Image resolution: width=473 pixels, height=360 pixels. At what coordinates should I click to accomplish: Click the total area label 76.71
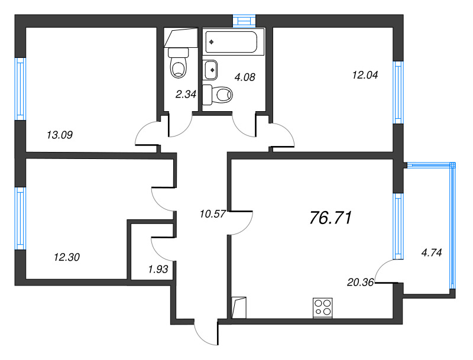(331, 218)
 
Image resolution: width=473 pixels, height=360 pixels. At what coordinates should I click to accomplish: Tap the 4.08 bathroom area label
(245, 76)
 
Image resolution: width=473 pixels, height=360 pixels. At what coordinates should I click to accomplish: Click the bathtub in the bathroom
(231, 43)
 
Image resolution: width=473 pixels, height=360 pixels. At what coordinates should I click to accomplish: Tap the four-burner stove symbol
(323, 308)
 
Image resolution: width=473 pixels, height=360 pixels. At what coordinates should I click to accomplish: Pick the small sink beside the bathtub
(210, 70)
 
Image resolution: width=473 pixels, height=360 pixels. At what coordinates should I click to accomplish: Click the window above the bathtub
(242, 21)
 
